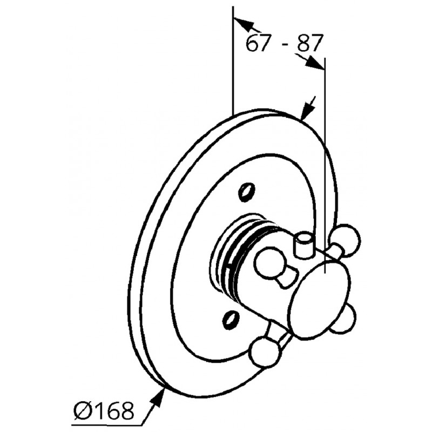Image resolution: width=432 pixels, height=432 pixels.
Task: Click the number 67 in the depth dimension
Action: (257, 43)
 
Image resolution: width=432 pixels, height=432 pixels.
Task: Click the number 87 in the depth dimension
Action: (309, 43)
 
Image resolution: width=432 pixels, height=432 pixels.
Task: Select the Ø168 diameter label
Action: (104, 411)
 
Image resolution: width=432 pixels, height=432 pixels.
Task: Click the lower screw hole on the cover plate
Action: (231, 320)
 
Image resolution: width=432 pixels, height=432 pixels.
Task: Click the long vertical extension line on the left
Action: (233, 60)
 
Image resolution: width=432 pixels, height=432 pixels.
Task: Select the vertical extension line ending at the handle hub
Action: (325, 165)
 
